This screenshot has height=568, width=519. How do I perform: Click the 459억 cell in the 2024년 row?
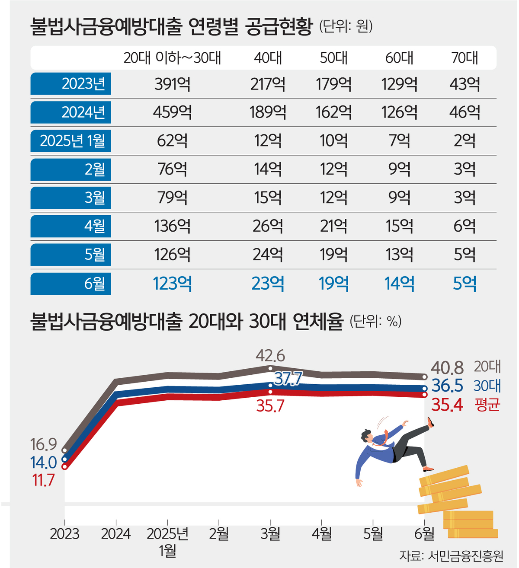coord(172,112)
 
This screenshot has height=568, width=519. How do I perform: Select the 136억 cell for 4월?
coord(172,226)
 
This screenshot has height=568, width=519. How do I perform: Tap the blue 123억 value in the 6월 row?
coord(172,284)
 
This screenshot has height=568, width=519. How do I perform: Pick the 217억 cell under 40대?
coord(268,84)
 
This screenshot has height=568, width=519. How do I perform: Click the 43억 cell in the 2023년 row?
coord(465,84)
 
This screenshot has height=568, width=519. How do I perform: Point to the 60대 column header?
coord(399,58)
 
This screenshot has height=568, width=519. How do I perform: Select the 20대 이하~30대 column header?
coord(172,58)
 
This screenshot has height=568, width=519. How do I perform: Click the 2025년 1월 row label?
coord(71,140)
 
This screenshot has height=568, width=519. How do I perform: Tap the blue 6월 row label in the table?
coord(71,284)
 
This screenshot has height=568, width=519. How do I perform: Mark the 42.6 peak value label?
coord(270,356)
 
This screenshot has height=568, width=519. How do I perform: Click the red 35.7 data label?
coord(270,406)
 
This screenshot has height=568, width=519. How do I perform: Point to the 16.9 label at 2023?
coord(44,444)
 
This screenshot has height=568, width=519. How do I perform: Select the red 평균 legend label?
coord(487,405)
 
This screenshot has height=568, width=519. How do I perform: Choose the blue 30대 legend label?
coord(487,386)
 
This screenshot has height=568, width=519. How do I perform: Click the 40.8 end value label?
coord(447,368)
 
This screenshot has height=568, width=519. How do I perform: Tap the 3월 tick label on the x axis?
coord(270,534)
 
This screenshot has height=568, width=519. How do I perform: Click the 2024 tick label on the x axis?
coord(115,534)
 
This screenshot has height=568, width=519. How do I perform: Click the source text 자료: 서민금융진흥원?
coord(451,555)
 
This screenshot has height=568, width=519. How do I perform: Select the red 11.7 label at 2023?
coord(44,480)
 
